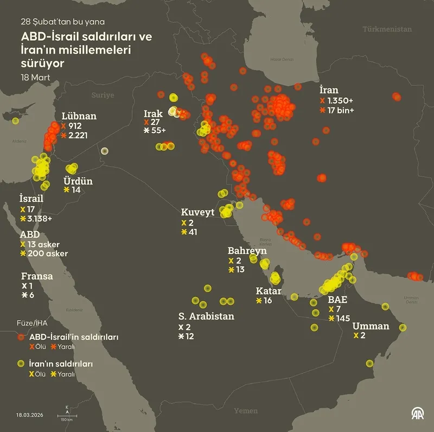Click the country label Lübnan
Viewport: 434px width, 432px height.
(79, 116)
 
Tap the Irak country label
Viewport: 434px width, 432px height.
(153, 113)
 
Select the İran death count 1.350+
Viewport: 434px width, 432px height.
(341, 101)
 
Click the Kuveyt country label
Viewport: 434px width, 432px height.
(197, 212)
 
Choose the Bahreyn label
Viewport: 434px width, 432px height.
(247, 251)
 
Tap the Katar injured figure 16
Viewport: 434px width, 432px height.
(267, 301)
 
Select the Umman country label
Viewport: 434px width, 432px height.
(371, 326)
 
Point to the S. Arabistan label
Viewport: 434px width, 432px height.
(206, 316)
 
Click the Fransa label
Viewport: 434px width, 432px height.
(37, 276)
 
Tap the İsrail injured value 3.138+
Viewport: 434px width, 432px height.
(40, 218)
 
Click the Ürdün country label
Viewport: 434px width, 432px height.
(78, 181)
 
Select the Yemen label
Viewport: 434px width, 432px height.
(246, 411)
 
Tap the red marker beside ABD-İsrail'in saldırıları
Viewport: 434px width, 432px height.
(21, 337)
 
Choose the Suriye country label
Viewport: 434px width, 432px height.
(103, 95)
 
